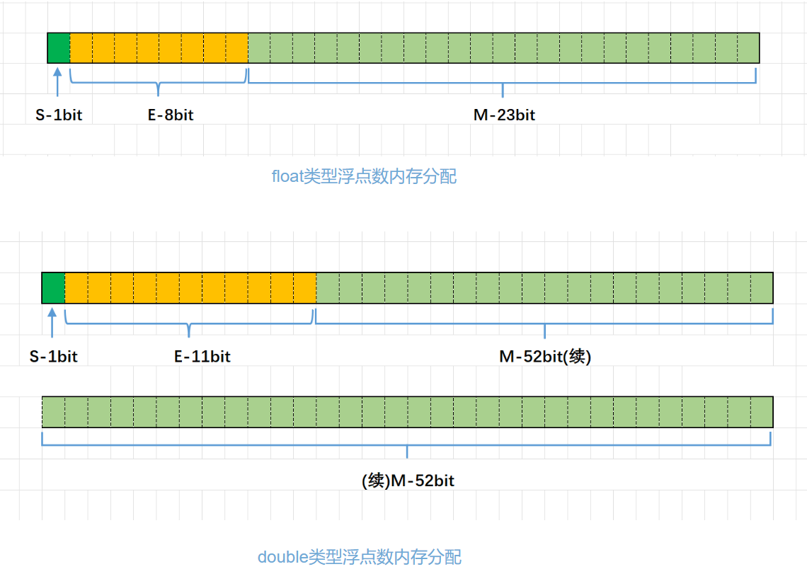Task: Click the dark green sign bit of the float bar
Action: coord(59,47)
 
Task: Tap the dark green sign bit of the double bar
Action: coord(53,287)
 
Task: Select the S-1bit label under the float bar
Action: coord(59,115)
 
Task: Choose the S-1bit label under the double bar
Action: coord(53,357)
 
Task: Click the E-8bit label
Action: coord(171,115)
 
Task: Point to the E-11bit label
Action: coord(202,357)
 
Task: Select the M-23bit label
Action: coord(504,115)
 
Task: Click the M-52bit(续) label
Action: coord(545,357)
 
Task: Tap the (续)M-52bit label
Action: coord(408,481)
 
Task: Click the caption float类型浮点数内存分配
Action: coord(365,176)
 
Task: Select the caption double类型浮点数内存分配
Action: coord(360,557)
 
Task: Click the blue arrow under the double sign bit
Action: coord(52,322)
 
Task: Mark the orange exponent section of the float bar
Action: coord(159,47)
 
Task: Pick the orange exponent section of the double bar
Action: coord(190,287)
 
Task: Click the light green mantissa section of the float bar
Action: coord(503,47)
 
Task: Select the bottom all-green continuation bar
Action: coord(407,412)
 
